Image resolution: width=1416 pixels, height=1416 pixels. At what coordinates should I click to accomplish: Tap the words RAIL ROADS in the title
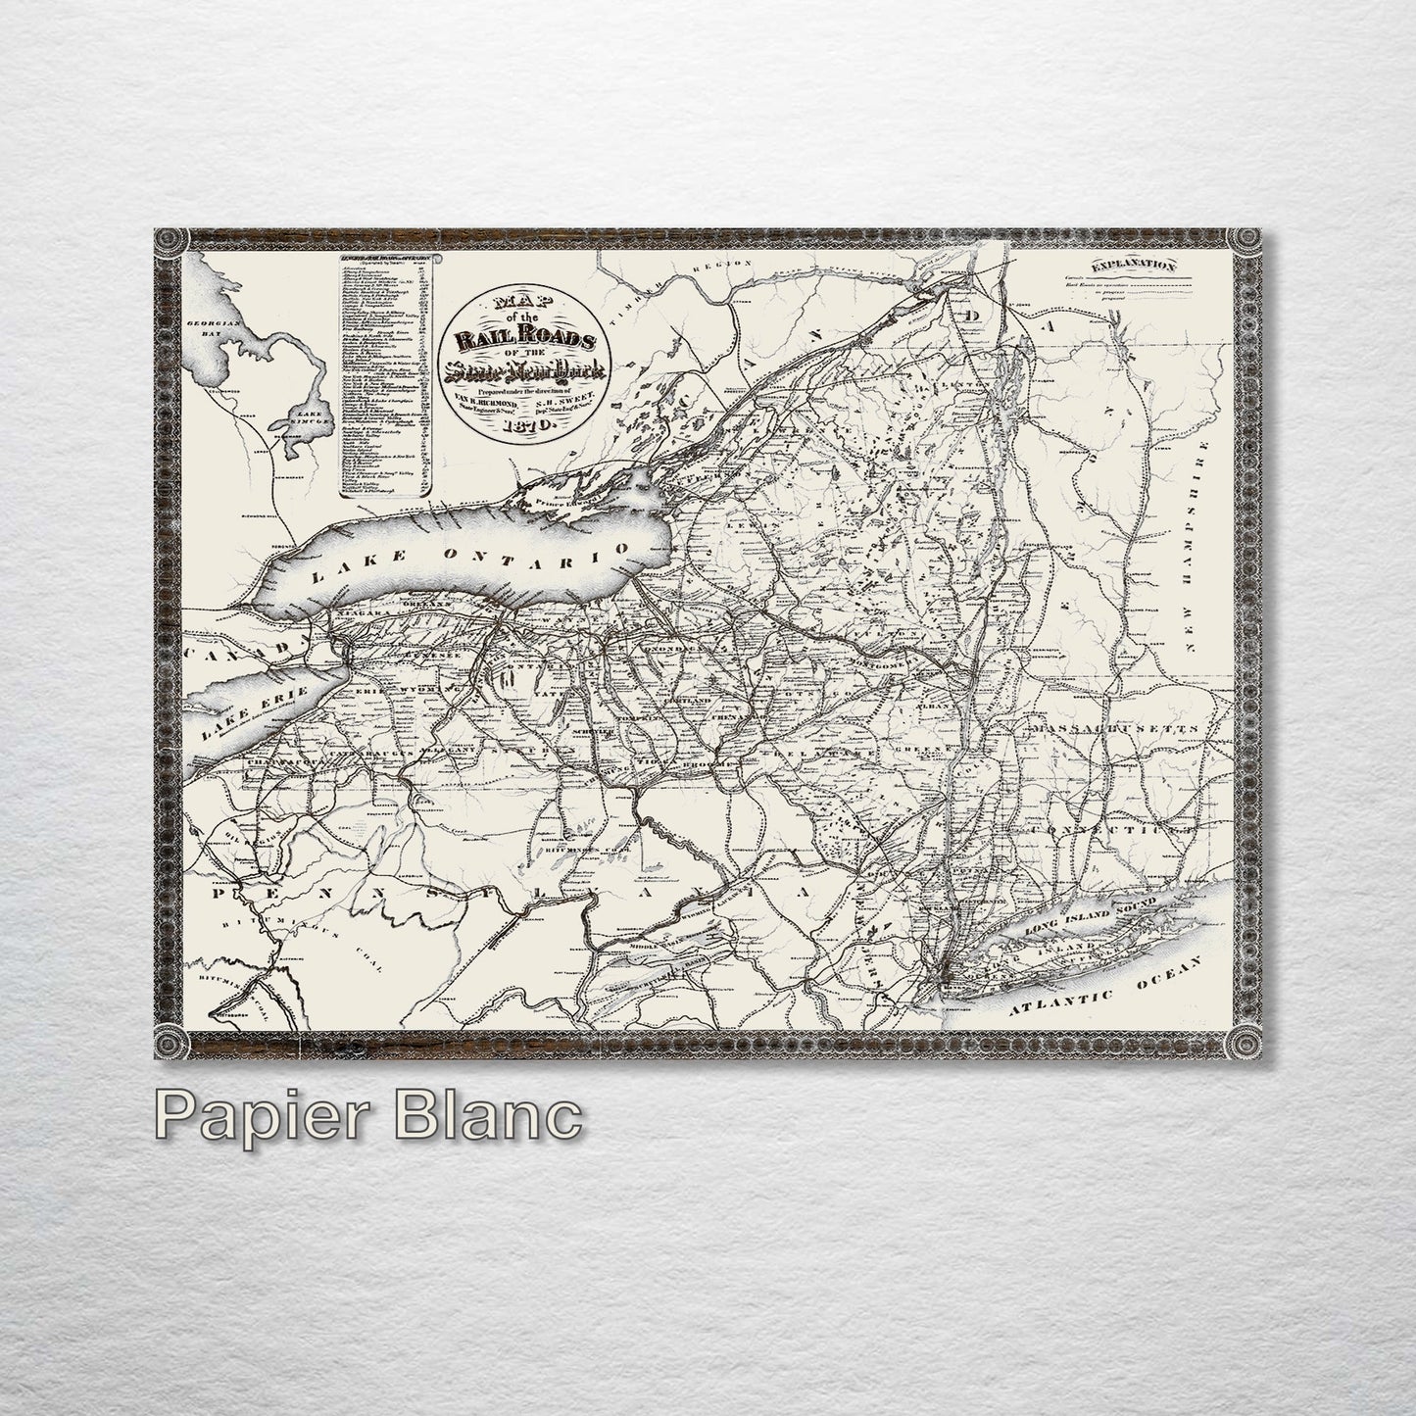pos(525,340)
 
